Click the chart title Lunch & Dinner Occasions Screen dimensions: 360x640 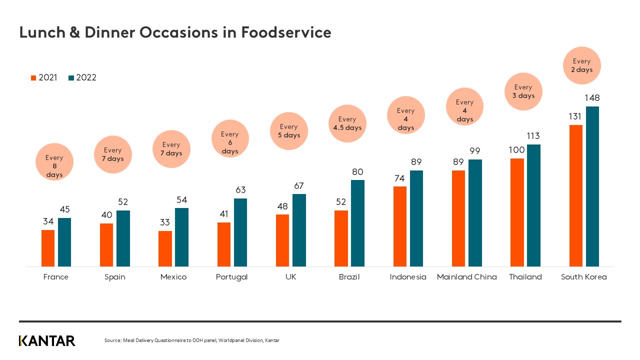coord(175,32)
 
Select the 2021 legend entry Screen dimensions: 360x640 coord(44,77)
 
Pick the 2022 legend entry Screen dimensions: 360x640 coord(82,77)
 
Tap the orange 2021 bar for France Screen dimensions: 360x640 coord(48,248)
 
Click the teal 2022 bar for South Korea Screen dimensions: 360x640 coord(592,186)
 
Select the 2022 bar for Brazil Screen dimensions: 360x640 coord(357,223)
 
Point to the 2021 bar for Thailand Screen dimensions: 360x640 coord(517,212)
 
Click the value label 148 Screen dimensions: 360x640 coord(592,98)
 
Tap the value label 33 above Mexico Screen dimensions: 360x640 coord(165,222)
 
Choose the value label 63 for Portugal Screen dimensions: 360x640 coord(240,190)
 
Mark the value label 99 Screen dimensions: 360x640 coord(474,151)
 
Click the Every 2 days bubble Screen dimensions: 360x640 coord(581,65)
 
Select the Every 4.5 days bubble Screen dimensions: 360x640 coord(347,123)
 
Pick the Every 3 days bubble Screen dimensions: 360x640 coord(523,91)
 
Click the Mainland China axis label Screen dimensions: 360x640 coord(466,277)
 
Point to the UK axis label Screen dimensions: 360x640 coord(290,277)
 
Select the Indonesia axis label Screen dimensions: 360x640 coord(408,277)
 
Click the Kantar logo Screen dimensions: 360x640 coord(47,341)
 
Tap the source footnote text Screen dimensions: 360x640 coord(191,340)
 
